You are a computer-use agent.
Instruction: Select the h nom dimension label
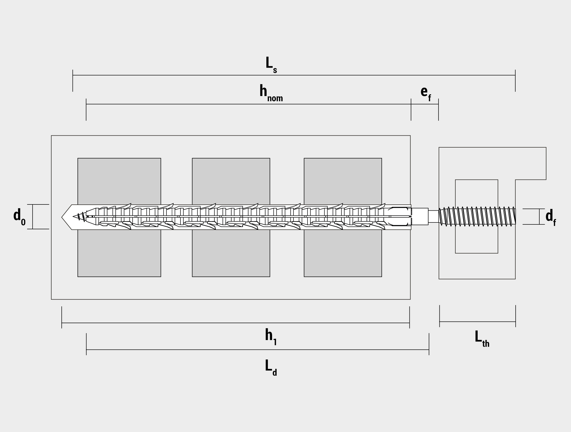[x=271, y=93]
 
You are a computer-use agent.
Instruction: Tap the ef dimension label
[x=426, y=93]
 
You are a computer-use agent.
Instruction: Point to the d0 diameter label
[x=19, y=217]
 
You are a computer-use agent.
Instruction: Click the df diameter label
[x=551, y=218]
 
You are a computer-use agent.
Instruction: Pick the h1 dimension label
[x=271, y=337]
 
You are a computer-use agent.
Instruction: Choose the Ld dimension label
[x=271, y=367]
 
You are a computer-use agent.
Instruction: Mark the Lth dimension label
[x=482, y=339]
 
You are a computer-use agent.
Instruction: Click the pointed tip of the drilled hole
[x=62, y=217]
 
